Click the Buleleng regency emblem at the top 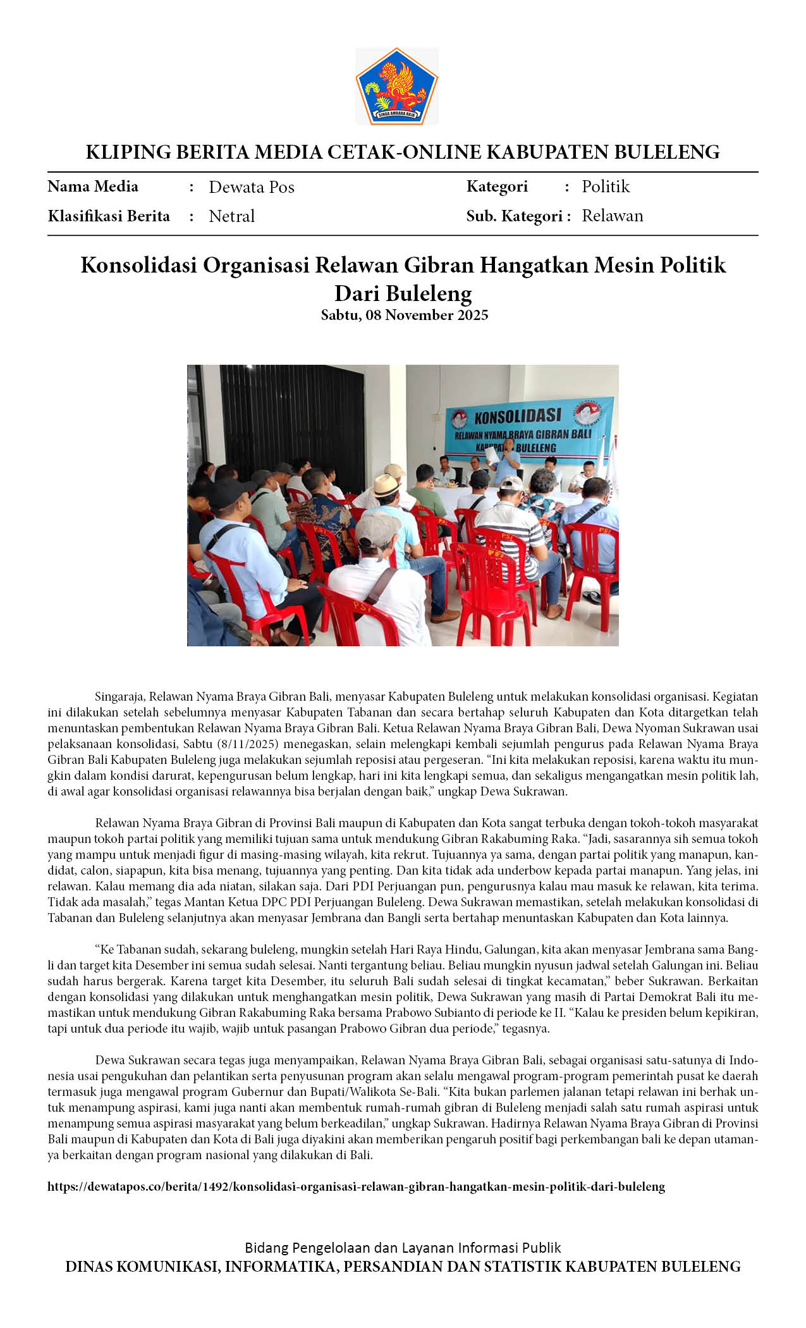[x=397, y=87]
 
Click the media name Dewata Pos [x=252, y=187]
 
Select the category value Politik [x=606, y=187]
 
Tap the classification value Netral [x=231, y=216]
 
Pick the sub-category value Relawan [x=612, y=216]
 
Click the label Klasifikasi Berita [x=109, y=216]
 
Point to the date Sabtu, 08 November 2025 [x=404, y=315]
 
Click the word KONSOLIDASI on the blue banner [x=517, y=416]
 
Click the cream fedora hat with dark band [x=386, y=486]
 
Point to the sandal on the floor [x=592, y=596]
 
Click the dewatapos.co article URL [x=356, y=1186]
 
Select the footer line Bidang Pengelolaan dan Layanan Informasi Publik [x=403, y=1248]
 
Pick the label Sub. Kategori [x=514, y=216]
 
